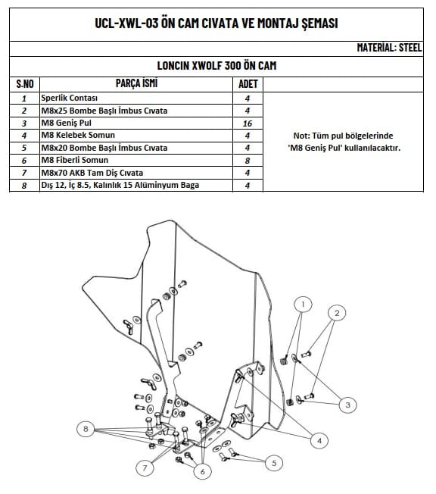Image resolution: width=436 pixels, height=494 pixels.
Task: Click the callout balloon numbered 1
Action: click(x=303, y=305)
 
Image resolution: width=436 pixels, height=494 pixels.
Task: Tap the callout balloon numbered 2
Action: click(x=338, y=311)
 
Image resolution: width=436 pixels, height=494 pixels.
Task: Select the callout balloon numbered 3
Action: click(x=347, y=405)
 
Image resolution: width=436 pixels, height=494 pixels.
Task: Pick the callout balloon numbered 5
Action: click(x=272, y=461)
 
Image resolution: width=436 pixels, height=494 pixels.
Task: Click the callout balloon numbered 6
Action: click(x=201, y=471)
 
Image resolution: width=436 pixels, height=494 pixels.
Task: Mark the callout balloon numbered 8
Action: click(x=87, y=430)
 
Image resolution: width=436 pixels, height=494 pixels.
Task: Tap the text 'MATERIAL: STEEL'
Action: click(x=389, y=47)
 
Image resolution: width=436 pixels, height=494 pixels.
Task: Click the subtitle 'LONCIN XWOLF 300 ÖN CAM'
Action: click(x=216, y=65)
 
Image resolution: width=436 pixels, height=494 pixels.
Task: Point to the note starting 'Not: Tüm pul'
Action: click(x=344, y=142)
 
